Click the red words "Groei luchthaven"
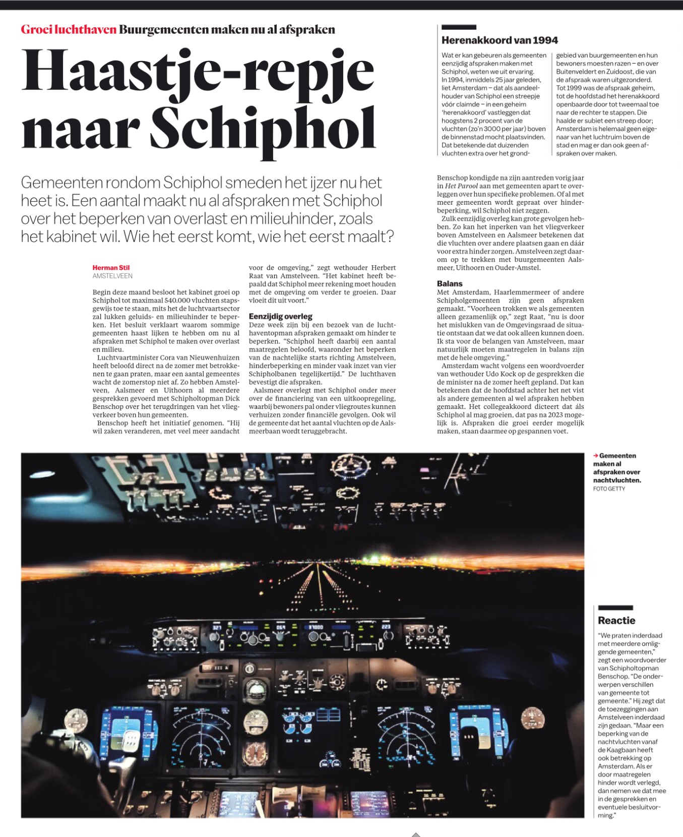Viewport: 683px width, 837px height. [x=69, y=29]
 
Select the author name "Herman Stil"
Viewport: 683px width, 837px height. [x=111, y=268]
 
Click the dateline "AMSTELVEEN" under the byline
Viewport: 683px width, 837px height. [x=112, y=276]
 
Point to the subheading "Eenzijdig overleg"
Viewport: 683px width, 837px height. [x=281, y=316]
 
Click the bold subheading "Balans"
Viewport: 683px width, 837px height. [x=450, y=283]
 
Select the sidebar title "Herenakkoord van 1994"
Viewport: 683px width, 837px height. [x=500, y=40]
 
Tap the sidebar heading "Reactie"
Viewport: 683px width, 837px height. [x=616, y=620]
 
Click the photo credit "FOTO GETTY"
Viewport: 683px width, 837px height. [x=609, y=489]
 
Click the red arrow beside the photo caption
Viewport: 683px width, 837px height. [x=595, y=456]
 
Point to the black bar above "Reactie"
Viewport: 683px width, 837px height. [x=615, y=608]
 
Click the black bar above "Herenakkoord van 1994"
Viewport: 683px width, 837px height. [x=459, y=27]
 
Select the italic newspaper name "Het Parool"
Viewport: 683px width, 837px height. [x=461, y=186]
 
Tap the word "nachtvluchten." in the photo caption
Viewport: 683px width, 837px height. [x=617, y=480]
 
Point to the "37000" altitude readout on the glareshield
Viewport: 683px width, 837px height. [x=316, y=627]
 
